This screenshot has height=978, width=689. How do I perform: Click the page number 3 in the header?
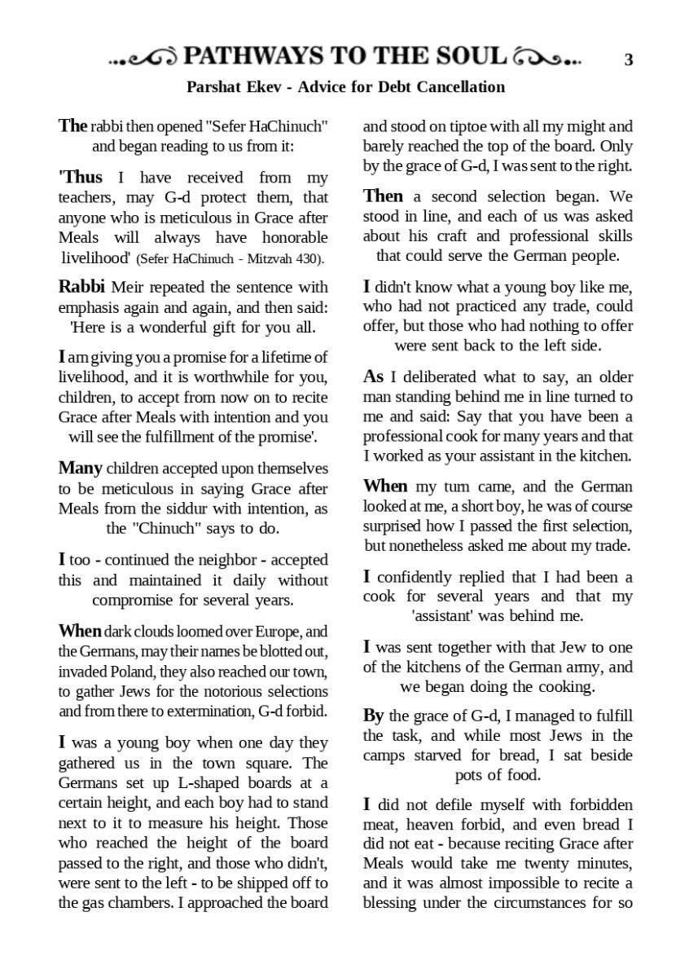[628, 59]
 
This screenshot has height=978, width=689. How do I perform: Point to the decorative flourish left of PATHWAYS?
[143, 58]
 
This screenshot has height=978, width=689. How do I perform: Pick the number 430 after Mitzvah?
[308, 259]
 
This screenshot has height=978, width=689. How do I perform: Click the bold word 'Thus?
[81, 177]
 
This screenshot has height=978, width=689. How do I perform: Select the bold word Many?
[80, 469]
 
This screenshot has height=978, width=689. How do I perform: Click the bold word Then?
[383, 196]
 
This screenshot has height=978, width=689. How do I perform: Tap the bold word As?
[373, 377]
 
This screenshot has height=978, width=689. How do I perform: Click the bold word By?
[373, 716]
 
